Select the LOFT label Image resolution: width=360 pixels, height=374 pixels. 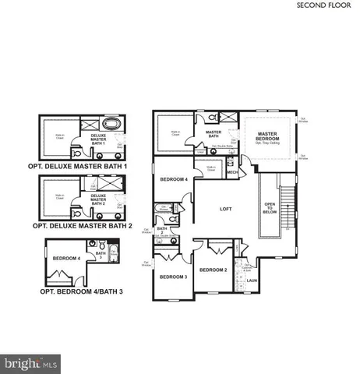(x=226, y=209)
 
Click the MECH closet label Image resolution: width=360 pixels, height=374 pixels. (x=232, y=172)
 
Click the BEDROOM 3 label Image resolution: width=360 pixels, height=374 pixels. (x=173, y=277)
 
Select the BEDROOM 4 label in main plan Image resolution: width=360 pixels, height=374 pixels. (x=173, y=179)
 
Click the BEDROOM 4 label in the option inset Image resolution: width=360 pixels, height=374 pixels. (x=66, y=258)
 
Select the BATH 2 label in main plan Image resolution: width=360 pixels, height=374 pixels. (x=162, y=230)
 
